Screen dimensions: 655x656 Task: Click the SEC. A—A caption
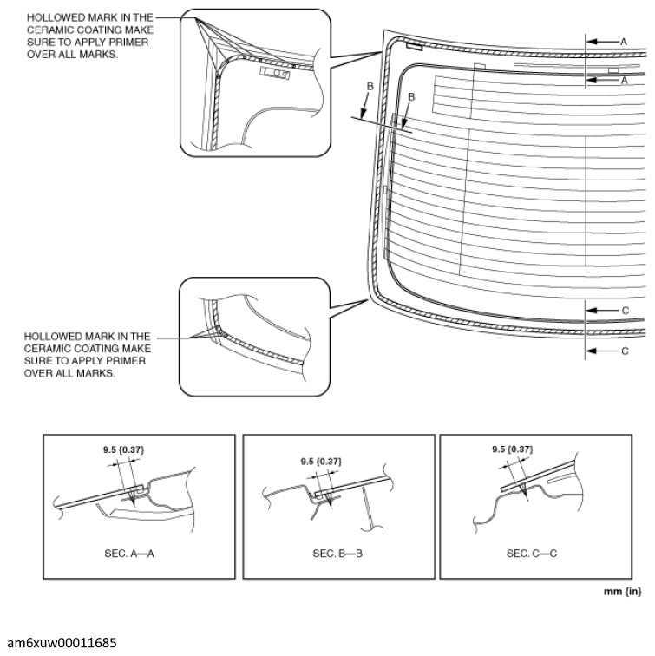click(129, 554)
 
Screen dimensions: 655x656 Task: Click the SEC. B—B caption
click(337, 554)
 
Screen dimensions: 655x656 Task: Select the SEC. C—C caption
click(532, 554)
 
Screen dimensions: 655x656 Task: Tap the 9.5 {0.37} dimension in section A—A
click(123, 449)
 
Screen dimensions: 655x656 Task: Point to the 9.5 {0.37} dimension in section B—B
click(321, 462)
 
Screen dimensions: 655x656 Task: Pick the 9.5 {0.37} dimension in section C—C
click(513, 449)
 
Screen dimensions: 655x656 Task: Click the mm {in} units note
click(622, 592)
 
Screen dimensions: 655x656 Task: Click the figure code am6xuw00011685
click(62, 643)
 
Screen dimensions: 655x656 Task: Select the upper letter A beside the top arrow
click(624, 42)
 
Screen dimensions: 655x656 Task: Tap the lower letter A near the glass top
click(625, 81)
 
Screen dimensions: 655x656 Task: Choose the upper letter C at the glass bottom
click(626, 311)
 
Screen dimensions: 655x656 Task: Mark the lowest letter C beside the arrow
click(625, 351)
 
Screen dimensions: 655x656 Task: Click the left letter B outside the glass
click(370, 86)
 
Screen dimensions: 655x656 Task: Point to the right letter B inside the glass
click(411, 97)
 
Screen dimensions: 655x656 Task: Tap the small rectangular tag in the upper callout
click(274, 73)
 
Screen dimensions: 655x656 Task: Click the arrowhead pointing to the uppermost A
click(592, 42)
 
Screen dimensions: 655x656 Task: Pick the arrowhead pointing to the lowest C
click(591, 351)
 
